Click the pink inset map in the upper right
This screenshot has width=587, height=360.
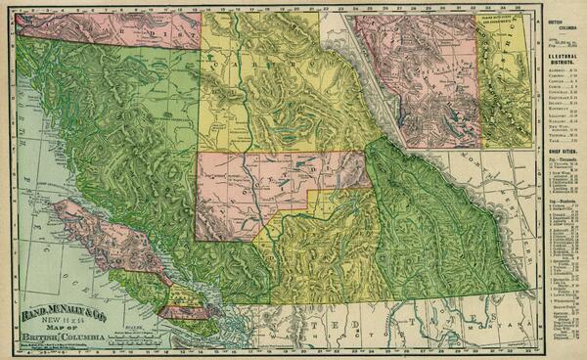[415, 78]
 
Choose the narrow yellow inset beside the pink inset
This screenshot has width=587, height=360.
[503, 78]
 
